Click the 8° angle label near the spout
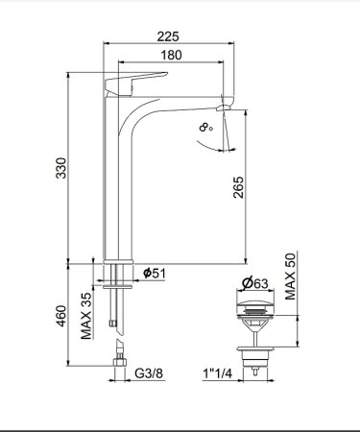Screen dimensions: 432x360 [x=204, y=126]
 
